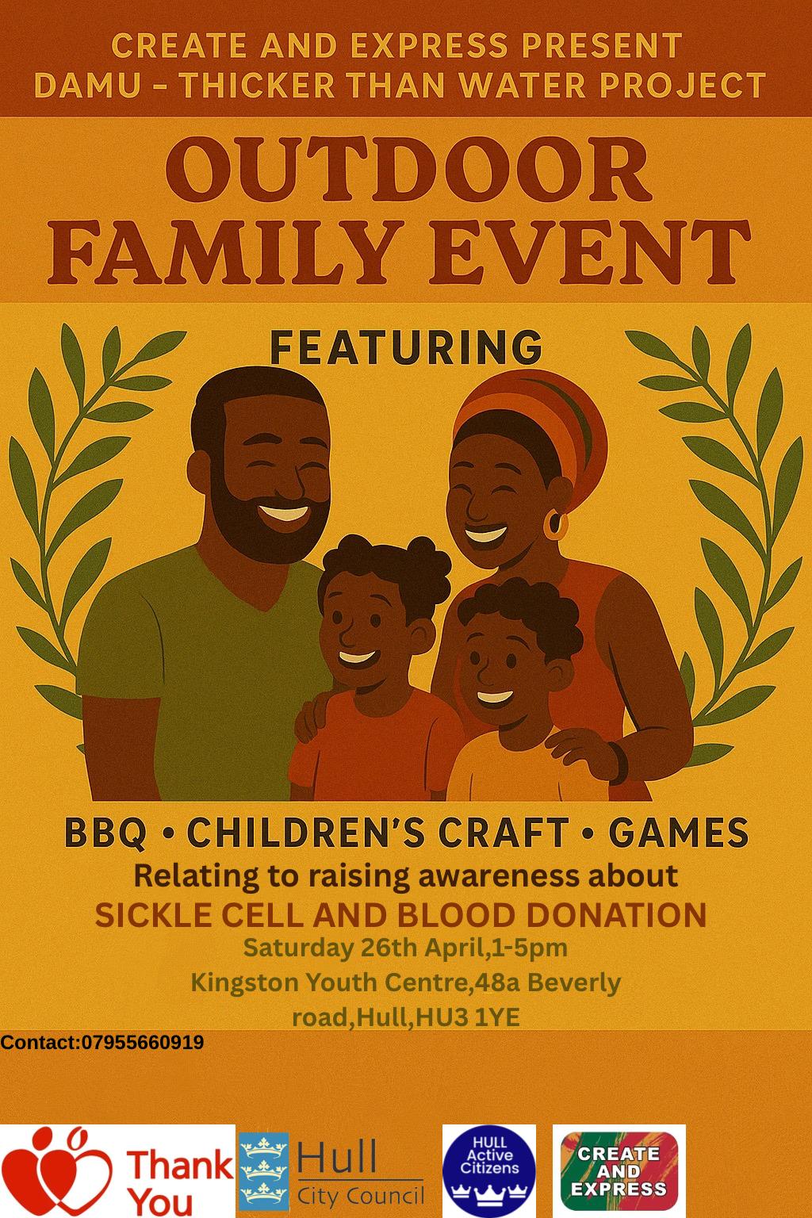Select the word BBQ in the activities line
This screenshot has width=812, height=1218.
(x=105, y=833)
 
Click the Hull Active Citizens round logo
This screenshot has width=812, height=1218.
(x=489, y=1170)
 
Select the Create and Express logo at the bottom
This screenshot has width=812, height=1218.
(x=619, y=1170)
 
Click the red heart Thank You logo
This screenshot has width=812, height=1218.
(x=117, y=1171)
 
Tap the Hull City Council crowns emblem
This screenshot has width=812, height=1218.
(x=264, y=1170)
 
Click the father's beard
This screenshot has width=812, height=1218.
(x=266, y=516)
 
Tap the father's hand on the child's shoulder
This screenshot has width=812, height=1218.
(x=314, y=716)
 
